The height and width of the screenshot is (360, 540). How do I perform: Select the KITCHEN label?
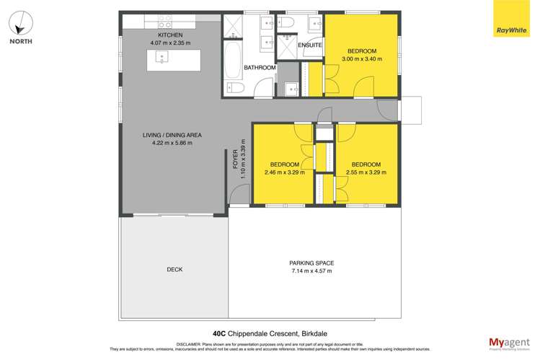pos(170,35)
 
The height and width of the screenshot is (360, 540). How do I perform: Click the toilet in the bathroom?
pos(235,89)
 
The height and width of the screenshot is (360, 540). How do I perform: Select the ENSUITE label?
pos(311,45)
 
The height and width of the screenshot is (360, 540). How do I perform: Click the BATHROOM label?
pos(260,68)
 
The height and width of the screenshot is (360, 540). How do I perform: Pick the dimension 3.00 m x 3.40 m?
pos(362,59)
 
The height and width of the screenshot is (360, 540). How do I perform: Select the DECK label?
pos(174,269)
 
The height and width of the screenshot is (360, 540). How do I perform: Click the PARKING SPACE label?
pos(311,263)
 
